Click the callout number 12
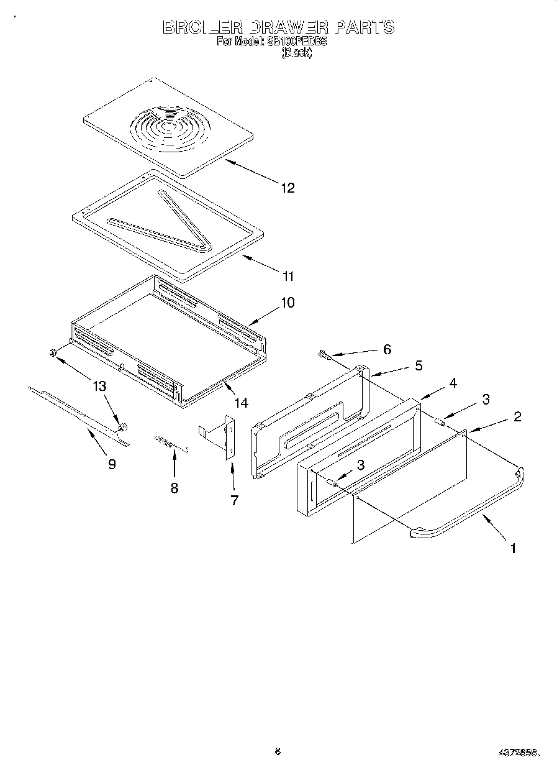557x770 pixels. click(x=287, y=188)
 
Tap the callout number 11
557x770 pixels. click(x=288, y=276)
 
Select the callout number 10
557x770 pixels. click(x=288, y=303)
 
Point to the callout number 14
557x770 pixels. click(x=240, y=403)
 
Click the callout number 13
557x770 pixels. click(x=99, y=386)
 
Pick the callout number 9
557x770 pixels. click(x=112, y=464)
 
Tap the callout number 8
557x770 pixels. click(x=174, y=488)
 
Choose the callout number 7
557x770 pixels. click(x=234, y=500)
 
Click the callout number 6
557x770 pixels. click(x=387, y=349)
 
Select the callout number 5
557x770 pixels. click(x=419, y=365)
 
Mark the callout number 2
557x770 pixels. click(x=517, y=416)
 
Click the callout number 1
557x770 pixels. click(x=513, y=548)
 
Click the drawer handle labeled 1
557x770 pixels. click(x=472, y=510)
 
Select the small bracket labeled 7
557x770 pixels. click(x=224, y=439)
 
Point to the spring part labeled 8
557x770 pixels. click(x=171, y=442)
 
